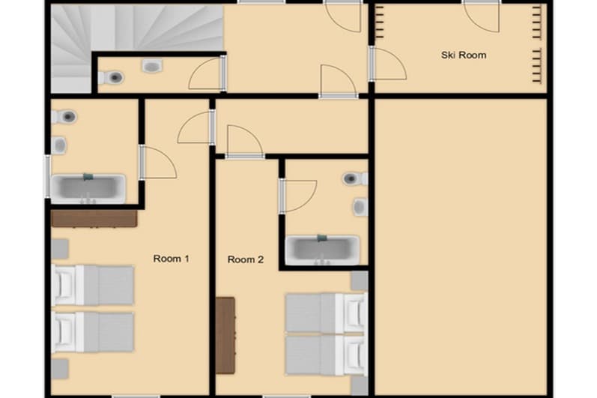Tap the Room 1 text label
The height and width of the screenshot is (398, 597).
coord(171,259)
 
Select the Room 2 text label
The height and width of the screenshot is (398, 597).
coord(246,260)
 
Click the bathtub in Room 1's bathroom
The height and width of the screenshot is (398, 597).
coord(88,187)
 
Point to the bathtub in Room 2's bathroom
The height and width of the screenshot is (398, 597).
coord(323,249)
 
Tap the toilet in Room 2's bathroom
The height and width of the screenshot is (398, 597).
coord(353,178)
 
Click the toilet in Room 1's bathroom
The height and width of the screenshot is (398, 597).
coord(67,117)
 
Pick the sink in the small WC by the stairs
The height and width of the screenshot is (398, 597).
coord(152,67)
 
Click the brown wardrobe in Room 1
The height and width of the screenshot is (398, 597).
coord(94,218)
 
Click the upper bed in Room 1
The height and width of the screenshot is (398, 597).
coord(94,286)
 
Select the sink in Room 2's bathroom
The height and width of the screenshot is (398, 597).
coord(360,206)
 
